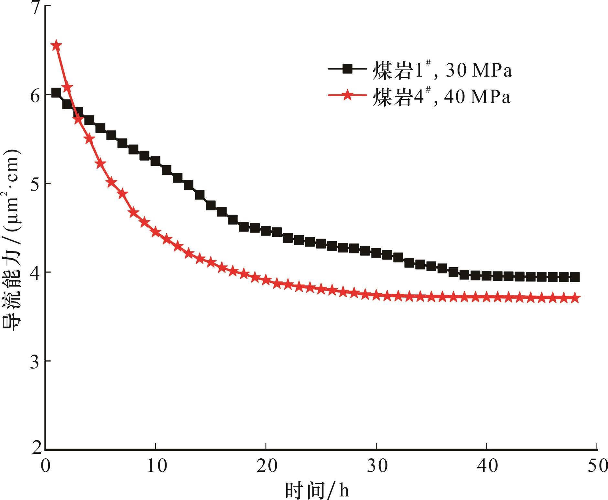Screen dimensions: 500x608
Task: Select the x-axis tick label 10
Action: pyautogui.click(x=156, y=467)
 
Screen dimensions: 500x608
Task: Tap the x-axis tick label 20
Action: pyautogui.click(x=266, y=467)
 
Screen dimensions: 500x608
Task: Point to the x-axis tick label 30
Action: pyautogui.click(x=376, y=467)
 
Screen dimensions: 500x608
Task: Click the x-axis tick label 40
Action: pyautogui.click(x=487, y=467)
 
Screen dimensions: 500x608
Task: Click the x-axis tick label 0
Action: pyautogui.click(x=45, y=467)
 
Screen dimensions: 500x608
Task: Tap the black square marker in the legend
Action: pyautogui.click(x=347, y=69)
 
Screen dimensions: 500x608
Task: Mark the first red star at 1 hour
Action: pyautogui.click(x=56, y=45)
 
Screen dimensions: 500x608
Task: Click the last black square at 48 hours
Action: pyautogui.click(x=575, y=277)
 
